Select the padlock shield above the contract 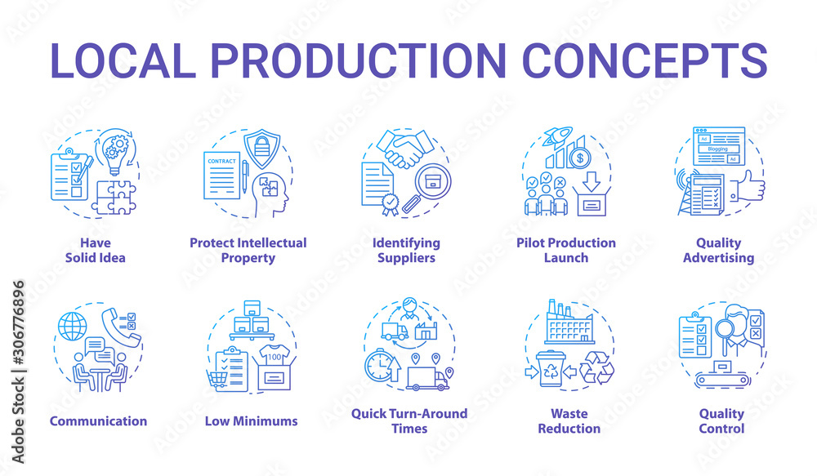[262, 148]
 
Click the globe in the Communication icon [71, 327]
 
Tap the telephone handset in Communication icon [110, 320]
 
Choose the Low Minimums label [252, 421]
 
